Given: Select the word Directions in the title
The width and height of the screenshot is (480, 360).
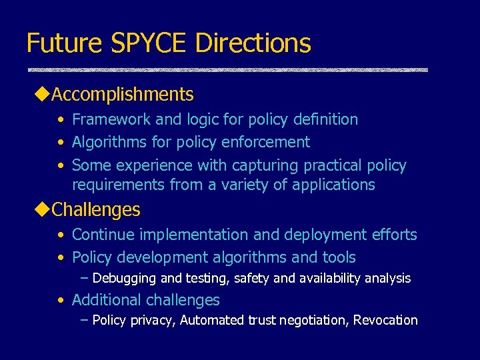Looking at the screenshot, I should [x=253, y=43].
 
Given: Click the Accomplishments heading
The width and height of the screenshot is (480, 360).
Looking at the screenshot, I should [x=123, y=95].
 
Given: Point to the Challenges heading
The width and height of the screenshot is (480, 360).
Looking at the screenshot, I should [x=96, y=210].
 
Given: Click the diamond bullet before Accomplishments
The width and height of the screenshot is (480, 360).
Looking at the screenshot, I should [x=41, y=95].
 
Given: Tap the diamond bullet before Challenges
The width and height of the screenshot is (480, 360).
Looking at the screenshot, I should [x=41, y=210].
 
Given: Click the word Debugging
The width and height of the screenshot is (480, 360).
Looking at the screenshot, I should [x=124, y=278].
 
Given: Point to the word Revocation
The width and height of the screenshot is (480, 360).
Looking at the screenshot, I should [x=385, y=320].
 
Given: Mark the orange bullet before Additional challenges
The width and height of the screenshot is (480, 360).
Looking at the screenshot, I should [x=61, y=300].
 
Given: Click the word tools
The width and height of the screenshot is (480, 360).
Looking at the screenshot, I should [x=339, y=257].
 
